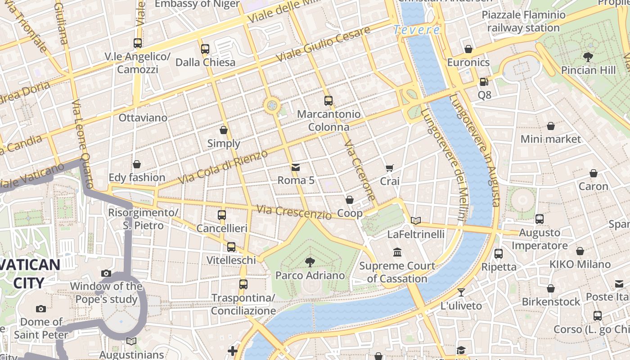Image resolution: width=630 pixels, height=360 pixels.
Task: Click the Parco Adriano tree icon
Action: point(310,262)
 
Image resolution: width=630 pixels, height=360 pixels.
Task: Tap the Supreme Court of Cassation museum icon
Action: point(397,252)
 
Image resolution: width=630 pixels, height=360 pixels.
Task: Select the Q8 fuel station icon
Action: point(484,82)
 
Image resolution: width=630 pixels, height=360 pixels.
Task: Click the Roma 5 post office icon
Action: point(295,167)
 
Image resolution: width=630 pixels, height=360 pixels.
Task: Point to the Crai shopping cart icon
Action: point(390,168)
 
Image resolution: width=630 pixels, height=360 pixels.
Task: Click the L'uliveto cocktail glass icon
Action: point(461,292)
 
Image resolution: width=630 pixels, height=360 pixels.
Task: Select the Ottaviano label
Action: point(143,118)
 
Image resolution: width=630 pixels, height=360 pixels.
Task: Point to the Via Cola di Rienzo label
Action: point(223,167)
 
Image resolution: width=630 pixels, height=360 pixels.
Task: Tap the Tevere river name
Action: point(417,30)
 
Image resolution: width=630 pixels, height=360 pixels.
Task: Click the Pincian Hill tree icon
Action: point(587,57)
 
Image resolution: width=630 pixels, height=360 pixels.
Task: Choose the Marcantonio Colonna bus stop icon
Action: point(328,101)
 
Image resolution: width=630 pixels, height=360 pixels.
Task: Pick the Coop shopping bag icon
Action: point(350,200)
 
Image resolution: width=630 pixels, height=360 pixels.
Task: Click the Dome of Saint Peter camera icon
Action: point(41,309)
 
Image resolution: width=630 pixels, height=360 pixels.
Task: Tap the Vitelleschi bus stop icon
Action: point(231,247)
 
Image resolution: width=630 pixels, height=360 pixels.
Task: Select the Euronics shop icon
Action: point(468,49)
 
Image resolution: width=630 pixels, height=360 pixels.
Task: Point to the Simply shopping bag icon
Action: point(224,130)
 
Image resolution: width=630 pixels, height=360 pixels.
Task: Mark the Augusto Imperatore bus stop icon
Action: point(539,219)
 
